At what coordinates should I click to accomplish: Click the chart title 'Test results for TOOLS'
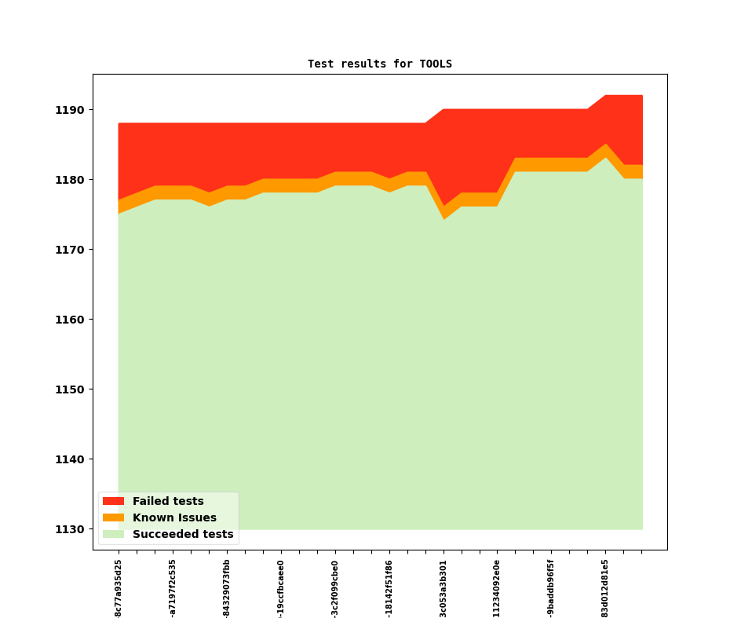pyautogui.click(x=379, y=64)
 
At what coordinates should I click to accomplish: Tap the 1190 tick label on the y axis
pyautogui.click(x=69, y=110)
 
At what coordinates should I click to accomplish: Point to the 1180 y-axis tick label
pyautogui.click(x=69, y=180)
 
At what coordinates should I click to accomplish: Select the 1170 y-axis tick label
pyautogui.click(x=69, y=250)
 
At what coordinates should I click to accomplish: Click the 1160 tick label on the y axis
pyautogui.click(x=69, y=320)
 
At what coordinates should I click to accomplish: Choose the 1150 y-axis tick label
pyautogui.click(x=69, y=389)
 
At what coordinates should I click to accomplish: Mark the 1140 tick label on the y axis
pyautogui.click(x=69, y=459)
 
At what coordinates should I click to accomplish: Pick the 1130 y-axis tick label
pyautogui.click(x=69, y=529)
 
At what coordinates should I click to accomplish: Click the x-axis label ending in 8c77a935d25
pyautogui.click(x=119, y=588)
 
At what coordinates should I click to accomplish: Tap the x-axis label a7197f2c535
pyautogui.click(x=173, y=588)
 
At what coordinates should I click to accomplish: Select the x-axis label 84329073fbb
pyautogui.click(x=227, y=588)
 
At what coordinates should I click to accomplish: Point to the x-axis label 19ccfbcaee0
pyautogui.click(x=281, y=588)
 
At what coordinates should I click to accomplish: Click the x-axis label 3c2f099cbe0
pyautogui.click(x=335, y=588)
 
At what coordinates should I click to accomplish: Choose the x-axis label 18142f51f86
pyautogui.click(x=389, y=588)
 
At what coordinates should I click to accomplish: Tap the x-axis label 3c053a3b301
pyautogui.click(x=444, y=588)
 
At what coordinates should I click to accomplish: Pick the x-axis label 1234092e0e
pyautogui.click(x=497, y=588)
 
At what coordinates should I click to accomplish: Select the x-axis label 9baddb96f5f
pyautogui.click(x=551, y=588)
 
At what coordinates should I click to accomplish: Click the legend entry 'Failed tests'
pyautogui.click(x=167, y=501)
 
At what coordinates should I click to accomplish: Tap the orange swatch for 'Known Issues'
pyautogui.click(x=113, y=517)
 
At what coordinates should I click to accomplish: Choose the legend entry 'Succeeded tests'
pyautogui.click(x=182, y=534)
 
